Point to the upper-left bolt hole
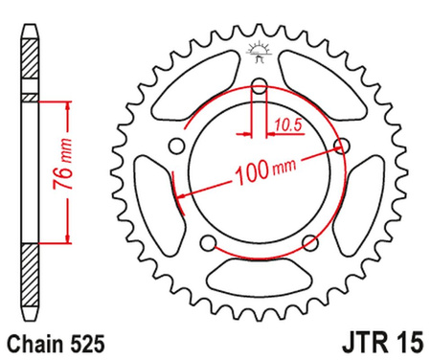point(175,146)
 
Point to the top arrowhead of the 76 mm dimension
point(67,101)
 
